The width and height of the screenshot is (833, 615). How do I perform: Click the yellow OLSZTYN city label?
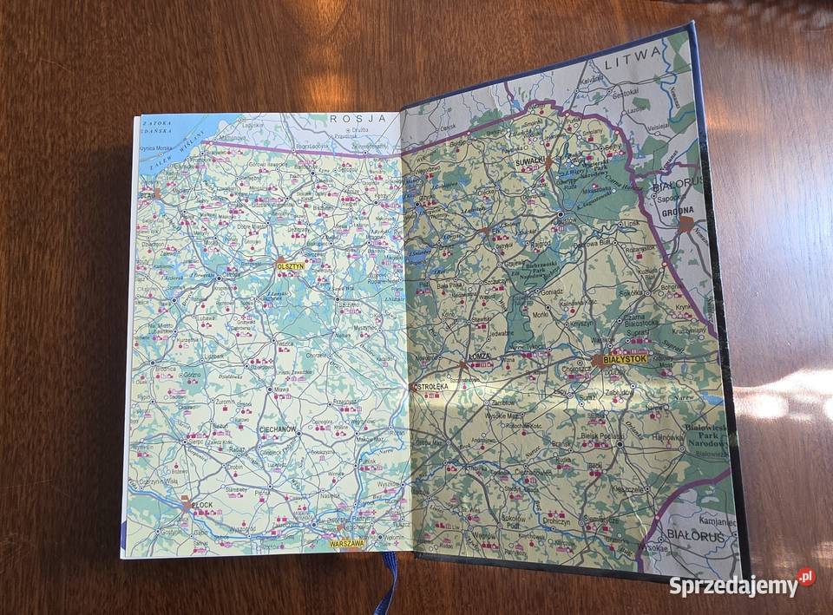pyautogui.click(x=290, y=266)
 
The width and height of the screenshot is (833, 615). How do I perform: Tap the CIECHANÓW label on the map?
pyautogui.click(x=278, y=429)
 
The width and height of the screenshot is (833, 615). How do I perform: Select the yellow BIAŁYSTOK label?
pyautogui.click(x=621, y=357)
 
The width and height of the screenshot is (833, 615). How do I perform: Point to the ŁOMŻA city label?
pyautogui.click(x=479, y=356)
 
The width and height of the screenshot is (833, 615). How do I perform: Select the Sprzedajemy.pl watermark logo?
pyautogui.click(x=742, y=584)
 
